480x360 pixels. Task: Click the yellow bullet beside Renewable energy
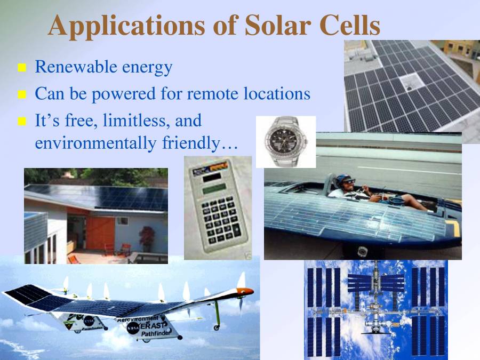point(22,68)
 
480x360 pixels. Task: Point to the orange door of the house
point(100,232)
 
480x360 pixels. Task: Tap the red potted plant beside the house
point(146,237)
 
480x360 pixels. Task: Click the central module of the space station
point(377,301)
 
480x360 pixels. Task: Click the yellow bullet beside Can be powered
point(22,95)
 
